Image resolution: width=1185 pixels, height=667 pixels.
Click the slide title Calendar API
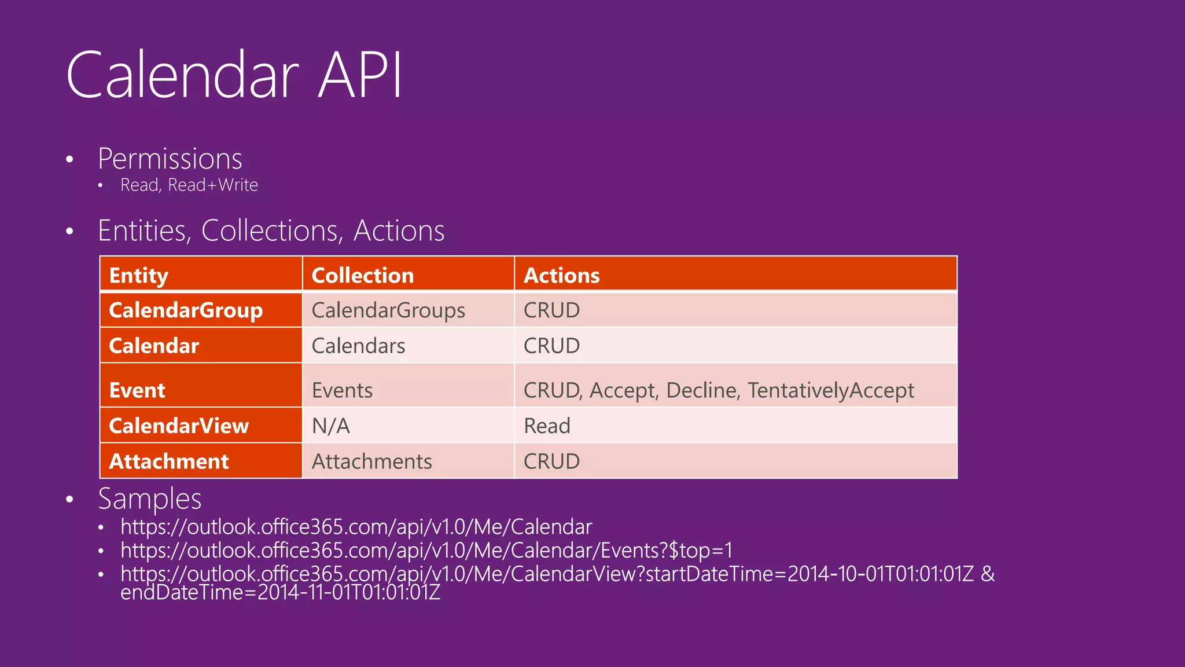pyautogui.click(x=234, y=75)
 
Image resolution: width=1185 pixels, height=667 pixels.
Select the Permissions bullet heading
pyautogui.click(x=170, y=159)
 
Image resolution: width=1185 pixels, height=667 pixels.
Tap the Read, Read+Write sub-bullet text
pyautogui.click(x=189, y=185)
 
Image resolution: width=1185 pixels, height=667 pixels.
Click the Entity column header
pyautogui.click(x=139, y=275)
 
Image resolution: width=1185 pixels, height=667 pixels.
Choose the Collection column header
pyautogui.click(x=363, y=275)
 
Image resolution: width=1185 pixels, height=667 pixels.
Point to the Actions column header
pyautogui.click(x=561, y=275)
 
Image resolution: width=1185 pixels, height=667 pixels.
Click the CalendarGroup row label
pyautogui.click(x=186, y=310)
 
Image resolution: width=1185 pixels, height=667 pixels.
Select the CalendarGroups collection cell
pyautogui.click(x=388, y=310)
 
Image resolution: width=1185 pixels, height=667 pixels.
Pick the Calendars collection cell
pyautogui.click(x=358, y=346)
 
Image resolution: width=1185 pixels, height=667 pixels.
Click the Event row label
pyautogui.click(x=137, y=390)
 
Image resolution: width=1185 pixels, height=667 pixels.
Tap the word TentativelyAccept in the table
pyautogui.click(x=830, y=390)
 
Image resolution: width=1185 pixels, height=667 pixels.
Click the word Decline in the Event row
pyautogui.click(x=702, y=390)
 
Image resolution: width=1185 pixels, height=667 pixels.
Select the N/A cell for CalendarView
pyautogui.click(x=330, y=426)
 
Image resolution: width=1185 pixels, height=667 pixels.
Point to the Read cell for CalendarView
pyautogui.click(x=547, y=426)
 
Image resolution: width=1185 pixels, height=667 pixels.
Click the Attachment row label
pyautogui.click(x=169, y=461)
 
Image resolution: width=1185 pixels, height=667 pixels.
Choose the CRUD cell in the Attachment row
pyautogui.click(x=551, y=461)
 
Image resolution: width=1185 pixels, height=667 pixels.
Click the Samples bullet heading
pyautogui.click(x=150, y=499)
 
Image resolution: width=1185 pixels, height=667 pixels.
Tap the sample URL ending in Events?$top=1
pyautogui.click(x=426, y=550)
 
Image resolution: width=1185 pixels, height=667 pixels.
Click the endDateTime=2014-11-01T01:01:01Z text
pyautogui.click(x=281, y=592)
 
